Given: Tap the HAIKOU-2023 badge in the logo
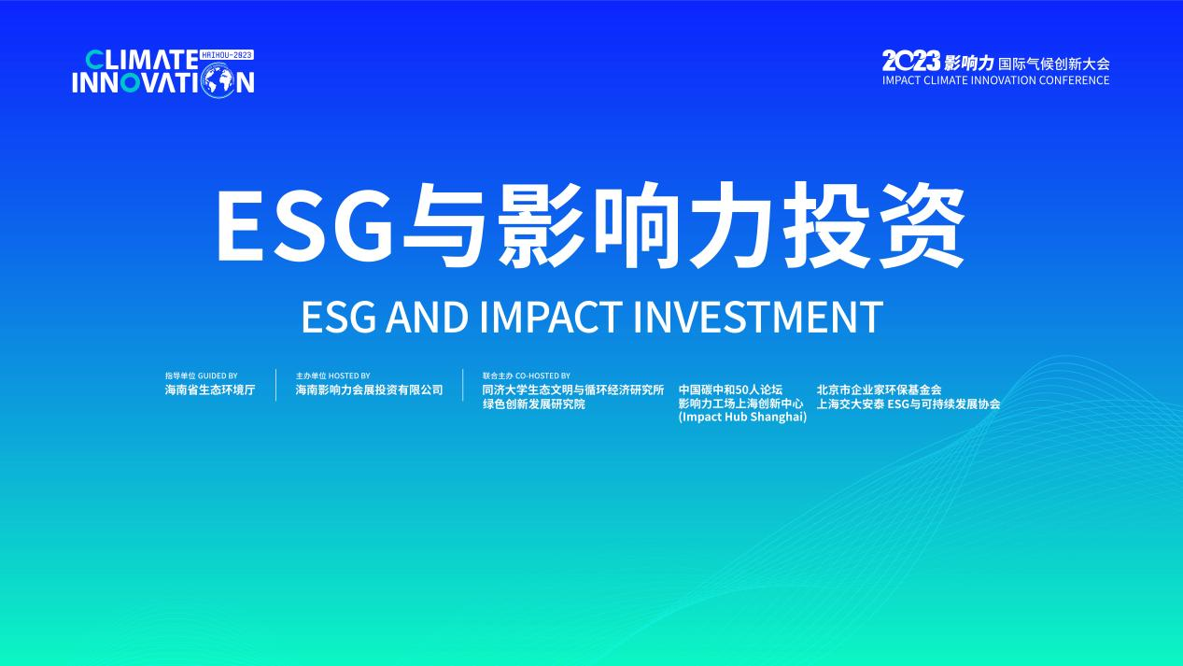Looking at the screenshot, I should [228, 55].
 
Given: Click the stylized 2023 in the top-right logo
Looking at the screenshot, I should [910, 63].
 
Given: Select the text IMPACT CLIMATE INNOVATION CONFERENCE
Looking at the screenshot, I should [995, 80].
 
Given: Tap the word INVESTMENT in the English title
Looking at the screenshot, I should [757, 318].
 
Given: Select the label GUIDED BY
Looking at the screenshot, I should [218, 376].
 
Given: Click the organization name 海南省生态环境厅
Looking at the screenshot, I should [210, 390].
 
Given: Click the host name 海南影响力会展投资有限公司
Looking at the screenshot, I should [369, 390].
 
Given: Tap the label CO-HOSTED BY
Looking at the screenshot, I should [542, 376].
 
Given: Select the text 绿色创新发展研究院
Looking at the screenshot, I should [533, 404].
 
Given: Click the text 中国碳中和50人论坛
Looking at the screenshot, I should [730, 390].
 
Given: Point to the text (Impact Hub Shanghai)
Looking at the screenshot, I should [742, 418].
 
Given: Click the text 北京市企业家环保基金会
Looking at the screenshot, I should [879, 390].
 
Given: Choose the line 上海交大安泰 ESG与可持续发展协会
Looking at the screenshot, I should [908, 404].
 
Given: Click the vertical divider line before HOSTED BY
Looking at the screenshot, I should [275, 385].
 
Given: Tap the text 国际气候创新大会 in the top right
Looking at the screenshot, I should [1053, 64].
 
